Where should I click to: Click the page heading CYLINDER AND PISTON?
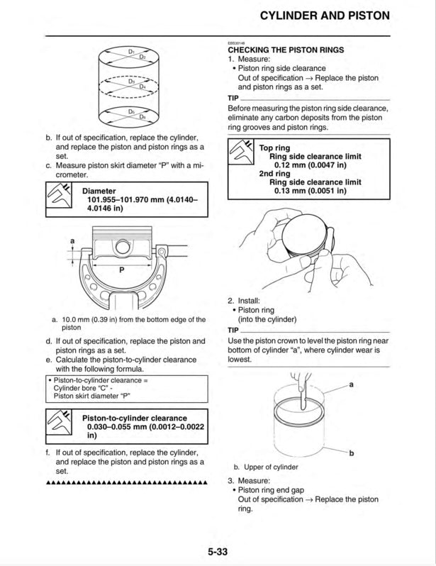coord(325,16)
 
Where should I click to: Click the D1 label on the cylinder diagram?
coord(132,52)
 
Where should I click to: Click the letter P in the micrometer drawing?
coord(121,270)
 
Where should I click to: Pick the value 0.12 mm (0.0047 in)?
coord(309,165)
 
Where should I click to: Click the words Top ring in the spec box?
coord(276,148)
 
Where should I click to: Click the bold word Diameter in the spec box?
coord(104,191)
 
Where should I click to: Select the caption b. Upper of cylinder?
coord(266,467)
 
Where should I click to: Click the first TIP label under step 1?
coord(234,98)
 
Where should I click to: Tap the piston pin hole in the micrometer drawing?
coord(123,248)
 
